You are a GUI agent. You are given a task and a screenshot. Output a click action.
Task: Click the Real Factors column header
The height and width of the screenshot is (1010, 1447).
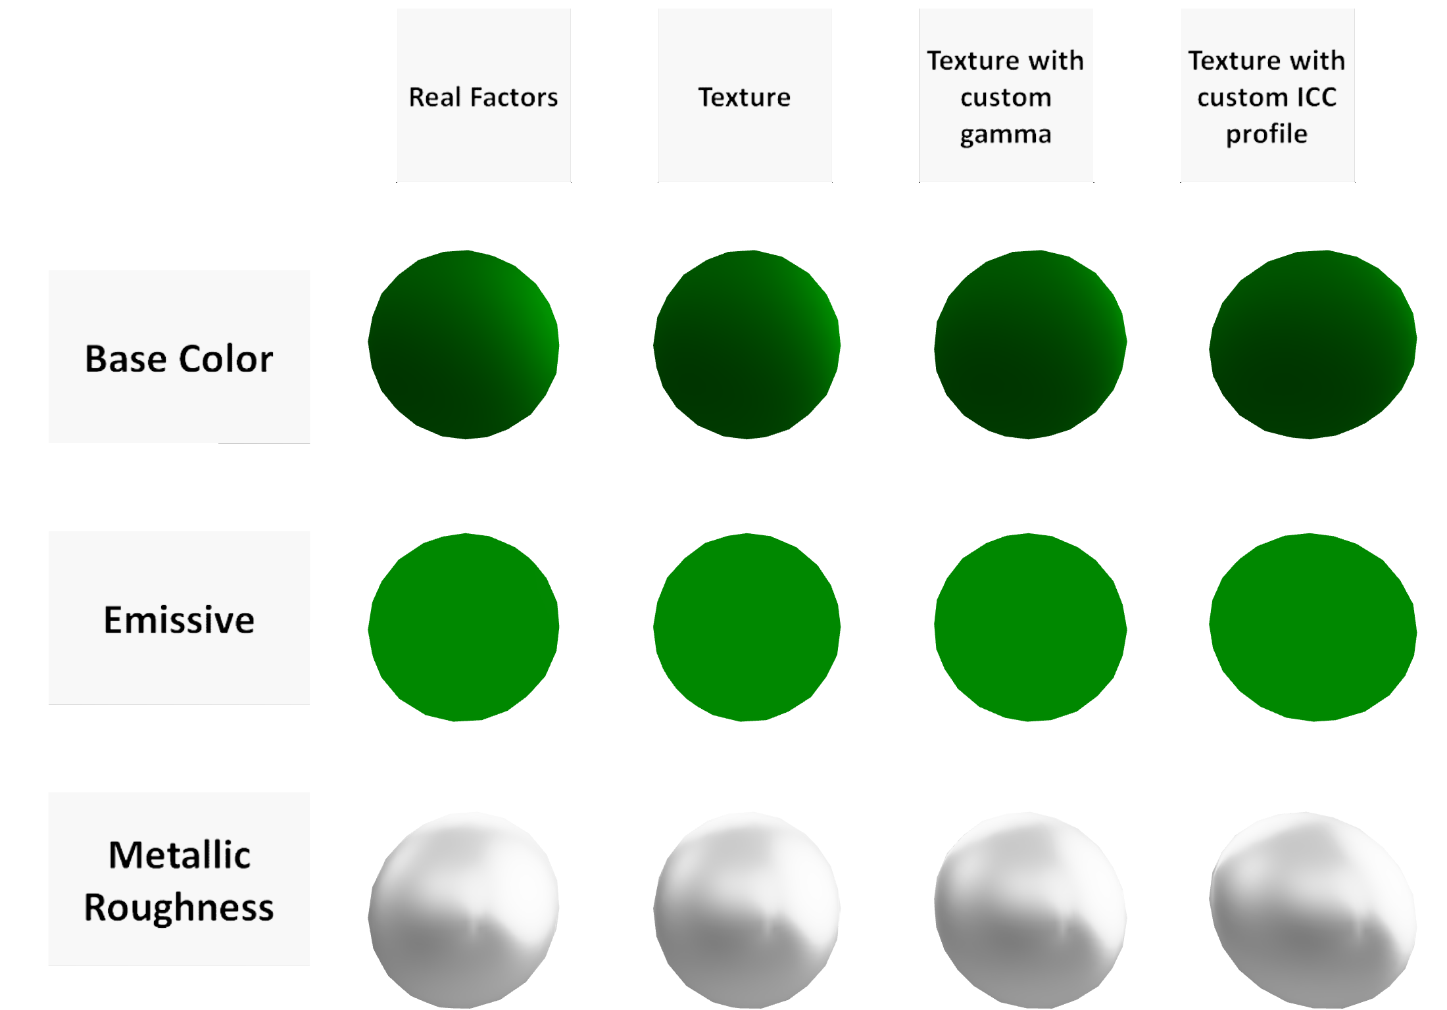click(x=483, y=97)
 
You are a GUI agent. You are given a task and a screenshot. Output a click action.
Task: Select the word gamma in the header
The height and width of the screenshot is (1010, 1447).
click(x=1006, y=135)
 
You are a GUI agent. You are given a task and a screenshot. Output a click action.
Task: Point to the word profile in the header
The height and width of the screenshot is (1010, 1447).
click(x=1267, y=134)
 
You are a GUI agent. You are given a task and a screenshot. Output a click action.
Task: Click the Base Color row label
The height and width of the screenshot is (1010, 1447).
click(x=179, y=358)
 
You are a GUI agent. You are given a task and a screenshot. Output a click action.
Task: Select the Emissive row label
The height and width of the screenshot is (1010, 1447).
click(x=179, y=619)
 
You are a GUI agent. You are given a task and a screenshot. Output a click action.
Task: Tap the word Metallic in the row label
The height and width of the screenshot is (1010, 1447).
click(x=179, y=855)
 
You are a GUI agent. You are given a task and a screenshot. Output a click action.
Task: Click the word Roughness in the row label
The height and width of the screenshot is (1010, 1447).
click(x=179, y=907)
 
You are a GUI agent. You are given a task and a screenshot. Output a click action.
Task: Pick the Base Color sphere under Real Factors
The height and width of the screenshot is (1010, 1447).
click(x=464, y=344)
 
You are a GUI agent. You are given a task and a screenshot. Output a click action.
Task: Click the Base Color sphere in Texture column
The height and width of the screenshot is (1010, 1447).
click(x=747, y=344)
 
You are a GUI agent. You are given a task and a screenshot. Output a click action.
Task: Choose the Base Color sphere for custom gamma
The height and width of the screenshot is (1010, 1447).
click(x=1030, y=344)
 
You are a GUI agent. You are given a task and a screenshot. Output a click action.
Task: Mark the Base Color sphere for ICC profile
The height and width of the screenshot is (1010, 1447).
click(x=1313, y=344)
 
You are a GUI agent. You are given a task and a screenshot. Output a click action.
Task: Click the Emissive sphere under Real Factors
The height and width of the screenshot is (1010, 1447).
click(x=464, y=627)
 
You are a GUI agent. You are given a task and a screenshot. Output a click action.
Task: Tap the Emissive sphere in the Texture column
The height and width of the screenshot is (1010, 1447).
click(x=747, y=627)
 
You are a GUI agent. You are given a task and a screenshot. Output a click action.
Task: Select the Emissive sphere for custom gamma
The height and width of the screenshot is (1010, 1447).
click(x=1030, y=627)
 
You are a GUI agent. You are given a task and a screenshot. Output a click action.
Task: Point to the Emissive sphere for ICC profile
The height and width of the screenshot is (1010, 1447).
click(x=1313, y=627)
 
